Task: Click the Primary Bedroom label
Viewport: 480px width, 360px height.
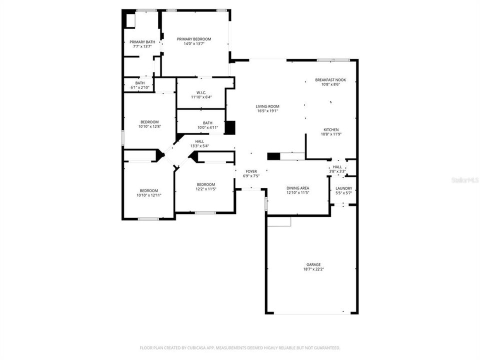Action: pos(194,39)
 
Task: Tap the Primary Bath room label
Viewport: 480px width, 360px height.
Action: pos(142,42)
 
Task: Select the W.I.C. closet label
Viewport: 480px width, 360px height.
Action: pos(201,92)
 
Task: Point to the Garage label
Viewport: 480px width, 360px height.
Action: pos(313,264)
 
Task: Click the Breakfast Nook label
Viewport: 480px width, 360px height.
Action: pos(330,80)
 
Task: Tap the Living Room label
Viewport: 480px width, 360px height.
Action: pos(267,106)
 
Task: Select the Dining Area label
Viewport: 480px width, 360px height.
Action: pos(297,187)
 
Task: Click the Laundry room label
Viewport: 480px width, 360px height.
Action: pos(343,188)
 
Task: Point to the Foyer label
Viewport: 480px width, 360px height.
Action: pos(251,171)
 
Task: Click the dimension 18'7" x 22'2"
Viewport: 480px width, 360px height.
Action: pos(313,269)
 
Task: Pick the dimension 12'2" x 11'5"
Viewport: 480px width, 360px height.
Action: pos(205,189)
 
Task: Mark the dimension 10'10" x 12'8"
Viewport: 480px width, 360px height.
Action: pos(149,126)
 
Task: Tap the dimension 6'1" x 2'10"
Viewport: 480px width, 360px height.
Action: pos(140,87)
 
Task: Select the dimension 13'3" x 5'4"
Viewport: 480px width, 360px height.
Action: pos(199,146)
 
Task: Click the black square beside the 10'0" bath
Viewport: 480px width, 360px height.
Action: pos(229,127)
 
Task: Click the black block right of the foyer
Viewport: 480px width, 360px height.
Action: pos(273,156)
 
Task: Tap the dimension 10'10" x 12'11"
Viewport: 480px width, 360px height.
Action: pos(149,195)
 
